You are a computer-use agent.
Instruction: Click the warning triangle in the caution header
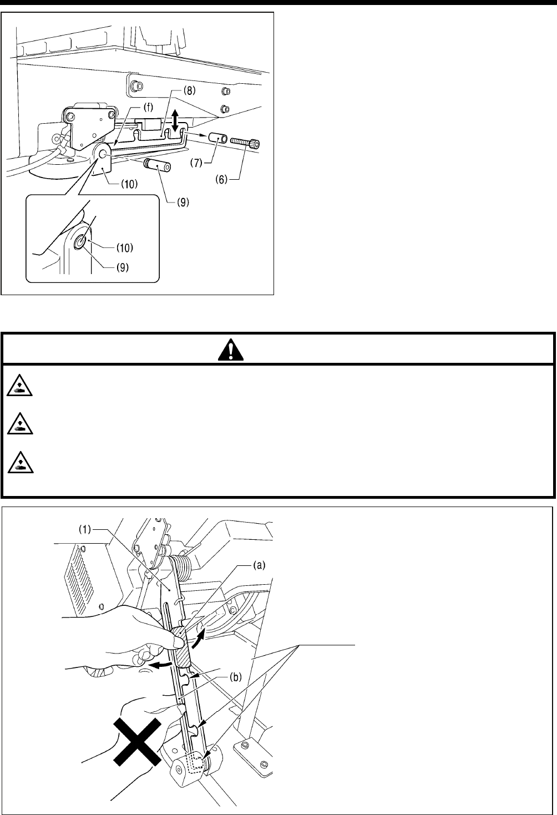tap(278, 348)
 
